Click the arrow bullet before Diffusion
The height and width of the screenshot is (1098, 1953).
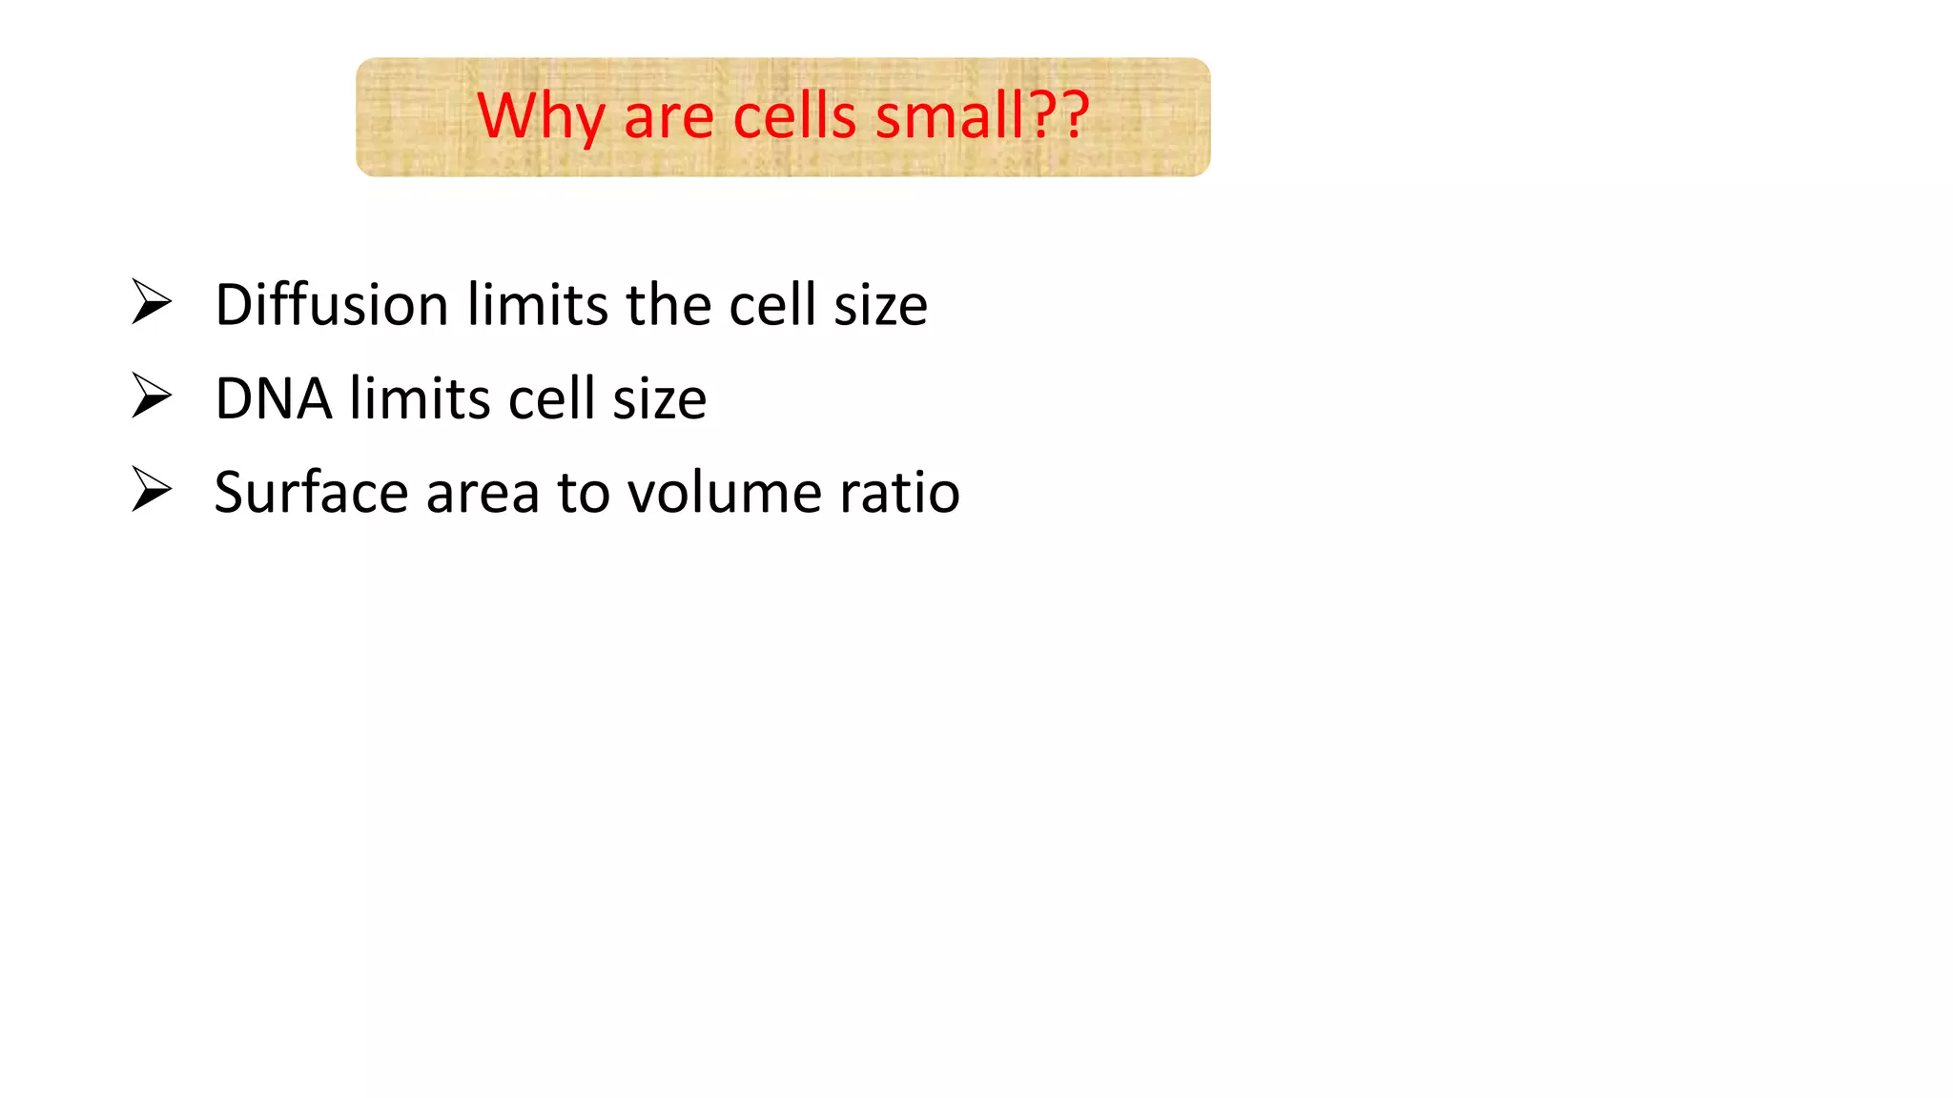152,302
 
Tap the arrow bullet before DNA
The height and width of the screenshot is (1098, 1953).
152,396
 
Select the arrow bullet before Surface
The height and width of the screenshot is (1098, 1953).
152,490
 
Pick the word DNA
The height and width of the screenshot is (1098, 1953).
274,398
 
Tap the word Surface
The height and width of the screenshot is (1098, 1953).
311,493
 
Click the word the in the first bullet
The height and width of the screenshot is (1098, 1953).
668,305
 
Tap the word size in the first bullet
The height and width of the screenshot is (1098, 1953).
880,305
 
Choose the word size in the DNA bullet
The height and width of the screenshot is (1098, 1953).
659,398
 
